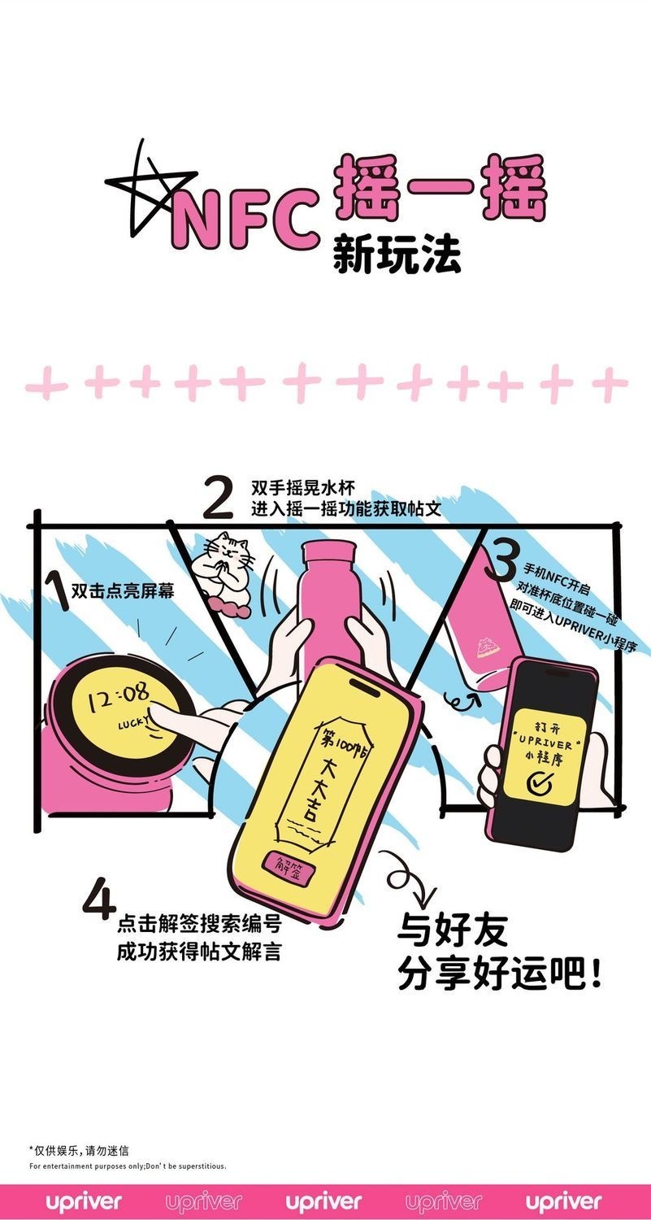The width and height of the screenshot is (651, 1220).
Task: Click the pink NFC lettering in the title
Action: click(x=245, y=219)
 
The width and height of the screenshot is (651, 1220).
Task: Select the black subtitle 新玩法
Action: click(x=397, y=254)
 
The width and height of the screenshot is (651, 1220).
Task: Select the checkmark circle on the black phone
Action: click(x=539, y=784)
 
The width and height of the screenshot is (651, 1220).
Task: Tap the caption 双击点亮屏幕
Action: click(x=123, y=591)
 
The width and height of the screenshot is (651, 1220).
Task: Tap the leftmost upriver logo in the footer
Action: click(x=84, y=1201)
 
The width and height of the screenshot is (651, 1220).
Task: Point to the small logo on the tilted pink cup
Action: click(x=484, y=647)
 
